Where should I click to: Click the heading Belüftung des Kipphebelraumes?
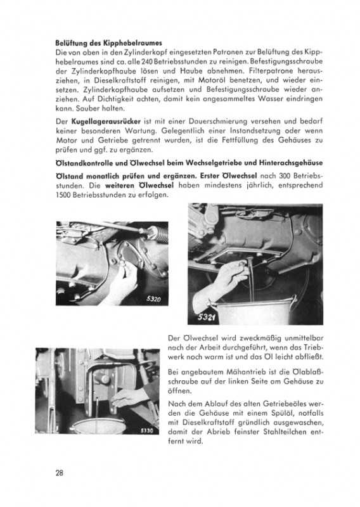pyautogui.click(x=108, y=43)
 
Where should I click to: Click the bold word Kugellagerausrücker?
pyautogui.click(x=106, y=122)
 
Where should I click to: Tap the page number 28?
pyautogui.click(x=60, y=473)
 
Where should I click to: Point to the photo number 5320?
pyautogui.click(x=153, y=298)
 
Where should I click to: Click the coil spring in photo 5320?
pyautogui.click(x=160, y=233)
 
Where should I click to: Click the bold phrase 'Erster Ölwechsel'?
pyautogui.click(x=228, y=176)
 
